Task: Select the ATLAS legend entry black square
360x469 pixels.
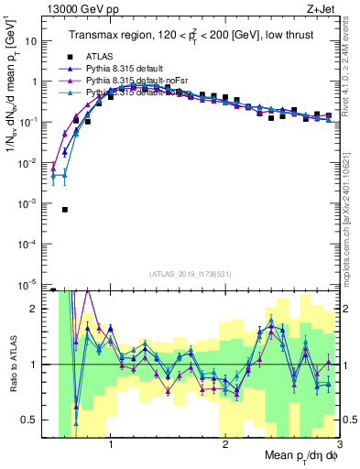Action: coord(65,57)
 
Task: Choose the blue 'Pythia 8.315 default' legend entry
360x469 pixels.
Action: coord(65,69)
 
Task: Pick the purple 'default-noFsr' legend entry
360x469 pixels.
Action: coord(65,81)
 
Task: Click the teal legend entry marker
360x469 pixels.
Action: coord(65,93)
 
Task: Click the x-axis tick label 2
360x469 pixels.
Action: coord(225,444)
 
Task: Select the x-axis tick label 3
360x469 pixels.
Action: coord(338,444)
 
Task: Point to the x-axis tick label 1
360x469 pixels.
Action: coord(111,444)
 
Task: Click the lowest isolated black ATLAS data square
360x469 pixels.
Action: coord(65,209)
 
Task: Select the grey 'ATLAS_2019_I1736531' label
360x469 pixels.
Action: coord(191,274)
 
